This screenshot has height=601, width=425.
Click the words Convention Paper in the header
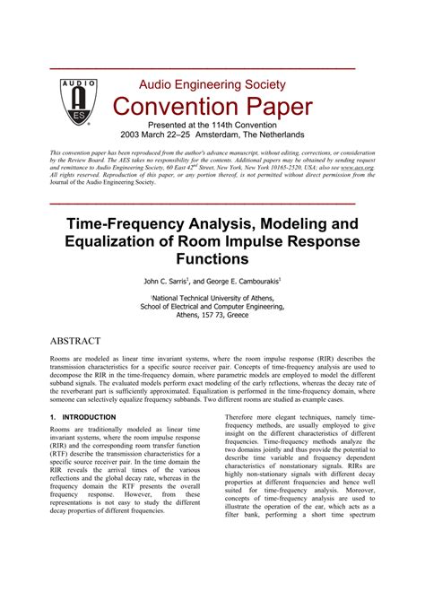coord(212,109)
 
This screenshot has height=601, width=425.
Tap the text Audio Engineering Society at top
coord(212,85)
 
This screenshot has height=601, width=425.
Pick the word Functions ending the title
coord(212,260)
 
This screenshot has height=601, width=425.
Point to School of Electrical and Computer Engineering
coord(212,305)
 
